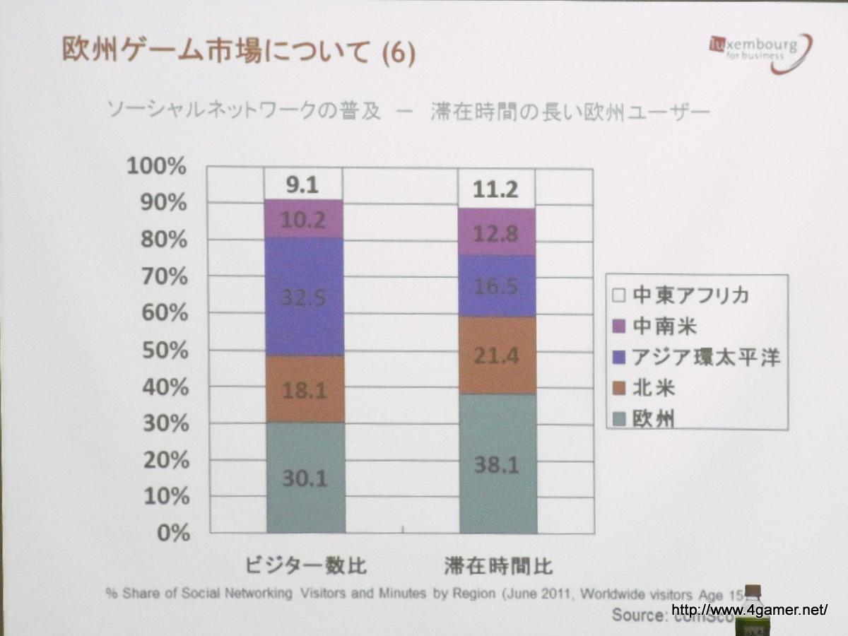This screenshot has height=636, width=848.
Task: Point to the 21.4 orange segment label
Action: point(497,355)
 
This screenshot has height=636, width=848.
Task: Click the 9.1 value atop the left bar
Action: point(302,187)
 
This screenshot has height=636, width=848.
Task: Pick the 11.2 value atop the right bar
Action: point(496,190)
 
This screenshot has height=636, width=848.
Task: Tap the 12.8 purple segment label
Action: point(497,233)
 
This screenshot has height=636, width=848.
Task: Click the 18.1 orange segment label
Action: point(305,389)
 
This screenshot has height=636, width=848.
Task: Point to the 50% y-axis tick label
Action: point(162,351)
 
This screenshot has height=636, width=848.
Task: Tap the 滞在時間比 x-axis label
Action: point(499,567)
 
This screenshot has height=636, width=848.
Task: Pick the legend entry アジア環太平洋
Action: point(697,358)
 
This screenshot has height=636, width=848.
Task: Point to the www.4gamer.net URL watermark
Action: point(748,610)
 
